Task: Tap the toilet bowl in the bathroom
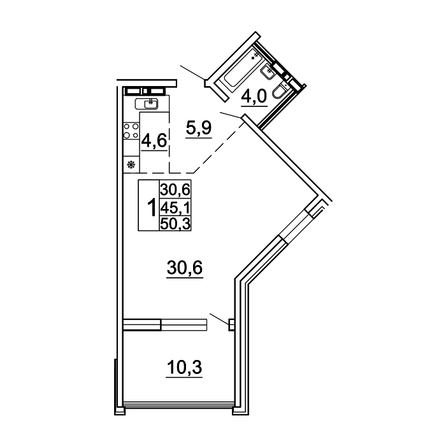[x=278, y=92]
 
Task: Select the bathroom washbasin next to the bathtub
[x=268, y=71]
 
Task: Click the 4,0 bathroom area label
[x=254, y=96]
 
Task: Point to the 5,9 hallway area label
[x=199, y=127]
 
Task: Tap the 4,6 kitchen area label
[x=154, y=141]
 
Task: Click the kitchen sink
[x=147, y=103]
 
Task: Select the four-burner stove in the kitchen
[x=131, y=131]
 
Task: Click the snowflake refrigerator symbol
[x=131, y=164]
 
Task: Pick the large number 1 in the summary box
[x=152, y=207]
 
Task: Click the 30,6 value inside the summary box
[x=175, y=189]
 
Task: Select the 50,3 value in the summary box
[x=175, y=224]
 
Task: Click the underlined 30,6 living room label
[x=185, y=268]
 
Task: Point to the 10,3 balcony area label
[x=184, y=367]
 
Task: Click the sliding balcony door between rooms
[x=165, y=325]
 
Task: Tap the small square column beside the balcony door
[x=231, y=324]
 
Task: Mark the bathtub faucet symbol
[x=255, y=56]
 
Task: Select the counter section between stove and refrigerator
[x=131, y=147]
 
